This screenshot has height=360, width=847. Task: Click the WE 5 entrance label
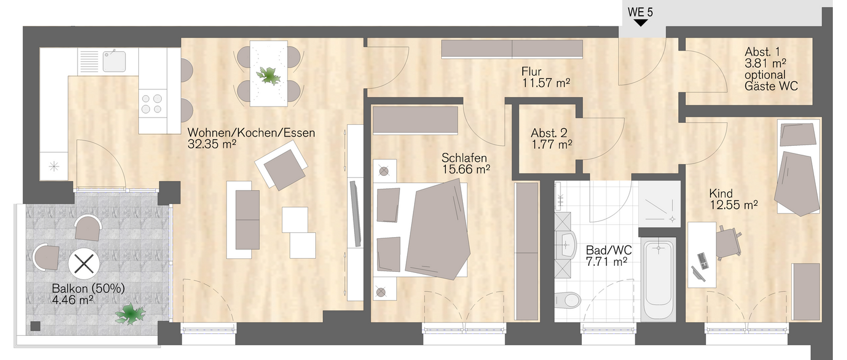pyautogui.click(x=640, y=12)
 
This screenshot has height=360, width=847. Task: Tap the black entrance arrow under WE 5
pyautogui.click(x=641, y=23)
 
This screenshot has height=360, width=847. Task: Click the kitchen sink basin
pyautogui.click(x=114, y=61)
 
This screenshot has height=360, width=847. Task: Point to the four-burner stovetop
pyautogui.click(x=152, y=104)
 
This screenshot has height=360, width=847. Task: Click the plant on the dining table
pyautogui.click(x=269, y=75)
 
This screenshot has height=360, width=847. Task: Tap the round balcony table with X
pyautogui.click(x=84, y=264)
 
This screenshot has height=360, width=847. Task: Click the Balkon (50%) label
pyautogui.click(x=88, y=288)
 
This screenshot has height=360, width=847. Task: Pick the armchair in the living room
pyautogui.click(x=282, y=164)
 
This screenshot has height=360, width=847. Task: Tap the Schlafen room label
pyautogui.click(x=464, y=158)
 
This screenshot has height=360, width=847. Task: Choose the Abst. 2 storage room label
pyautogui.click(x=549, y=133)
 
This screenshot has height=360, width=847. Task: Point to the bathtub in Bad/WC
pyautogui.click(x=658, y=280)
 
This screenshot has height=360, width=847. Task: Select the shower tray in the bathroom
pyautogui.click(x=659, y=204)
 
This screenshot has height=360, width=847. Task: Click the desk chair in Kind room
pyautogui.click(x=729, y=242)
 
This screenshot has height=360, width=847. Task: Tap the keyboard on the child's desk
pyautogui.click(x=702, y=261)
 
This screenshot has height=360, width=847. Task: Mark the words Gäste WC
pyautogui.click(x=771, y=86)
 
